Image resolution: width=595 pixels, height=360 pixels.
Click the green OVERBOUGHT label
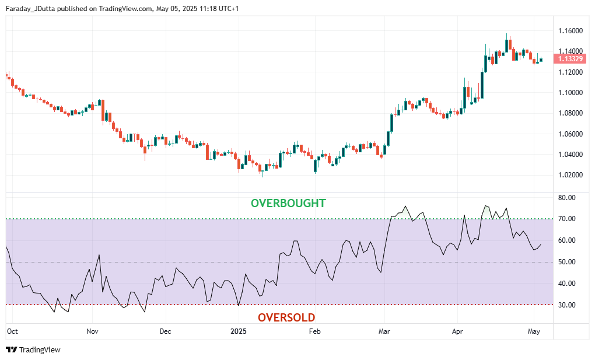[288, 204]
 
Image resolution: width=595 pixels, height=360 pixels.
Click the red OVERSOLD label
[286, 318]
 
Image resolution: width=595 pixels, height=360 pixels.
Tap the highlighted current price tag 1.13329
[569, 59]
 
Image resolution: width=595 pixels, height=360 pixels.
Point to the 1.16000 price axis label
[569, 30]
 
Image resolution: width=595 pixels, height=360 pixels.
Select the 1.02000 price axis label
[569, 175]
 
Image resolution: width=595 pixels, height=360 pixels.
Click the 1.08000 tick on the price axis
[569, 113]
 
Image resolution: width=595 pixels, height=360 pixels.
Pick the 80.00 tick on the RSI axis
[566, 198]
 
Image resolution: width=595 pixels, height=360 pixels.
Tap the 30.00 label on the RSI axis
[566, 305]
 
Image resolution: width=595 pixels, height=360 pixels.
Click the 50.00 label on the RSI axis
[566, 262]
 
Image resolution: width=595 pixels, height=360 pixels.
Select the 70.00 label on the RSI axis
[566, 219]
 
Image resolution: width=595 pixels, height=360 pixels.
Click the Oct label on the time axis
[12, 331]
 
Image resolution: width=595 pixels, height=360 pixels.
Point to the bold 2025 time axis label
[239, 331]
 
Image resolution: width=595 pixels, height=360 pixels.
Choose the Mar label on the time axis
[384, 331]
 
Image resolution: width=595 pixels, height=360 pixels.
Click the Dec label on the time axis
[165, 331]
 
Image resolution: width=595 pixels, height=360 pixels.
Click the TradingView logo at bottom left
[33, 349]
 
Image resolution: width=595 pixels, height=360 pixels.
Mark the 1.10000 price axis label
[569, 93]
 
